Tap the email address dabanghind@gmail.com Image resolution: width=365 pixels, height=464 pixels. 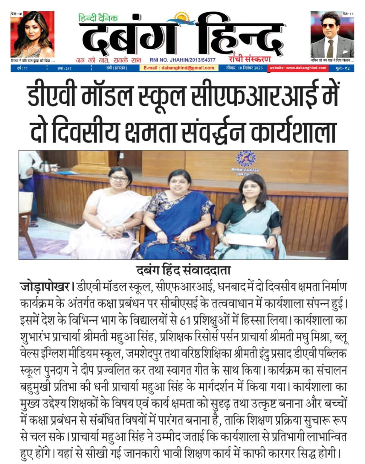179,68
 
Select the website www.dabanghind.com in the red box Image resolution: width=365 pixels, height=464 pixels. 298,68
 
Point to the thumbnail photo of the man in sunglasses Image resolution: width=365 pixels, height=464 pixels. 332,34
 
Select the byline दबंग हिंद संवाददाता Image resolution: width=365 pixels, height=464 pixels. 183,270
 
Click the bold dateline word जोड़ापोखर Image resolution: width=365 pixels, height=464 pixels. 45,287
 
